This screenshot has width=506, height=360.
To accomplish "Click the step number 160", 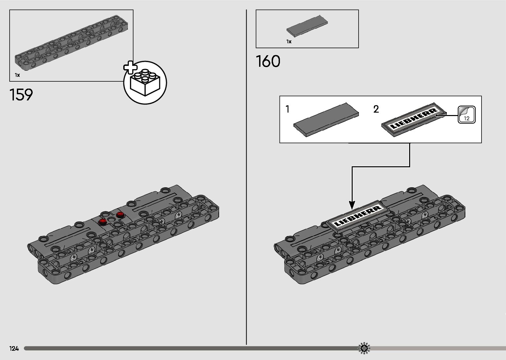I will (268, 61).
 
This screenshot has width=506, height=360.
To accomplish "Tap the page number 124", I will (14, 348).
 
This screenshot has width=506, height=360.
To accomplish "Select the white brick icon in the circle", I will (145, 83).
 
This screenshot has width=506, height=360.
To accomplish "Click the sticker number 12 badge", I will (466, 115).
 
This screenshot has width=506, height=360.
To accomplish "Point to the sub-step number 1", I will (288, 109).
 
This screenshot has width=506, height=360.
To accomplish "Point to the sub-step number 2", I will (376, 109).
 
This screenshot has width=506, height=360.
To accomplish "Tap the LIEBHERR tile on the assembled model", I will (357, 216).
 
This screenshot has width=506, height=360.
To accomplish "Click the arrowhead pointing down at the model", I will (352, 205).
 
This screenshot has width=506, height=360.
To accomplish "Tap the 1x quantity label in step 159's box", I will (18, 75).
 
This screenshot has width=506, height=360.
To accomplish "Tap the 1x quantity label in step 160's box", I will (289, 42).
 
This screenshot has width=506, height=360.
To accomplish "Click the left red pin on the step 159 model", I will (102, 221).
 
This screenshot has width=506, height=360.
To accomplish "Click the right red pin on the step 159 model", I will (120, 215).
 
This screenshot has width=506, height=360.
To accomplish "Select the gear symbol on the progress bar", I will (364, 348).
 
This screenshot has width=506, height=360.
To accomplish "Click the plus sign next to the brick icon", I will (130, 67).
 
